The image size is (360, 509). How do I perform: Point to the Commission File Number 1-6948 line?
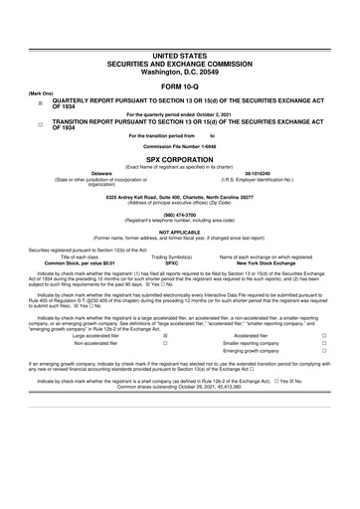point(180,148)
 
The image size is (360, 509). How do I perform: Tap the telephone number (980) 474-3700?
point(180,213)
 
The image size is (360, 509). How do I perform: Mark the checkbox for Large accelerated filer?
point(164,336)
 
